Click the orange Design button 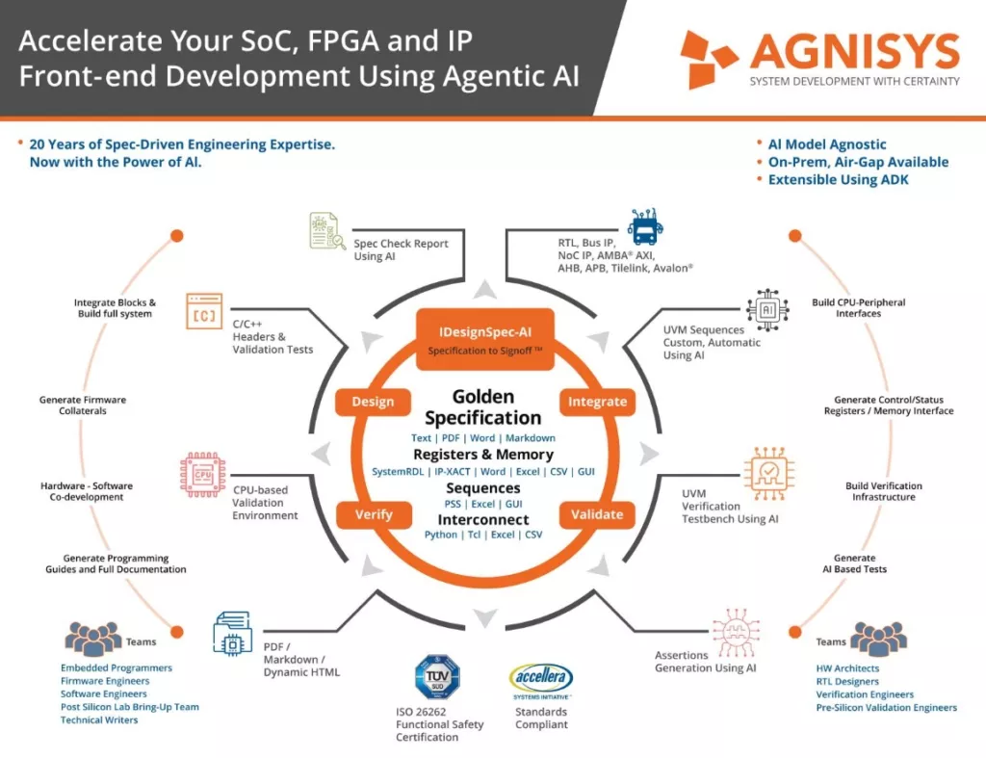tap(373, 402)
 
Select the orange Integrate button tap(597, 402)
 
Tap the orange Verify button tap(374, 514)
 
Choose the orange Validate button tap(597, 514)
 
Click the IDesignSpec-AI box tap(485, 339)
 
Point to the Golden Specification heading tap(483, 407)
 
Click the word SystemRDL tap(398, 472)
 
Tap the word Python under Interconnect tap(441, 535)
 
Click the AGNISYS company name tap(855, 51)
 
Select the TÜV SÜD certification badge tap(438, 677)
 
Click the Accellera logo tap(541, 679)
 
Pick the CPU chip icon tap(202, 475)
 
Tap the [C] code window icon tap(204, 311)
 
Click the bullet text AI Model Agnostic tap(827, 144)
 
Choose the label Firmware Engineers tap(105, 681)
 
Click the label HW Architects tap(847, 668)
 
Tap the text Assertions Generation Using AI tap(705, 662)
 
